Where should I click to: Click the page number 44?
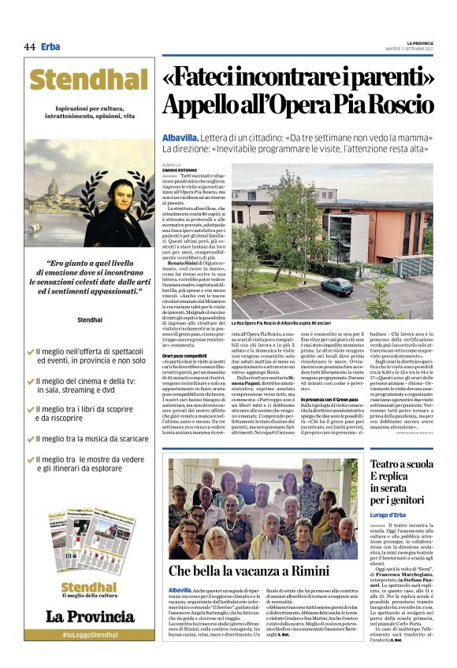pyautogui.click(x=30, y=47)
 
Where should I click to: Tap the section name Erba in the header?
pyautogui.click(x=50, y=47)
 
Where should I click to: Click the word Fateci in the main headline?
pyautogui.click(x=206, y=79)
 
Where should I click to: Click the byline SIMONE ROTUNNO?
pyautogui.click(x=180, y=170)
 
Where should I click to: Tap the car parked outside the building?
pyautogui.click(x=336, y=286)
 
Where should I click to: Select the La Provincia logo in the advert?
pyautogui.click(x=90, y=615)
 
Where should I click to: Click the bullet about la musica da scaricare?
pyautogui.click(x=88, y=438)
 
